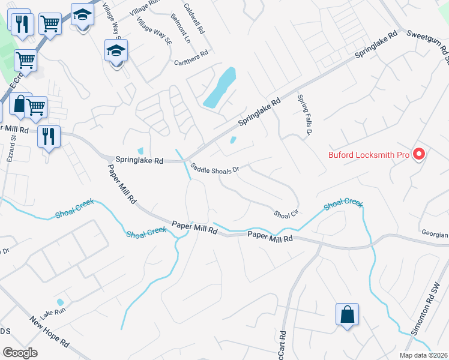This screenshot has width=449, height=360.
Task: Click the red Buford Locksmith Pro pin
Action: tap(419, 154)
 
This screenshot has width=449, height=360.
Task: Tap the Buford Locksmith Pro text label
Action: tap(369, 155)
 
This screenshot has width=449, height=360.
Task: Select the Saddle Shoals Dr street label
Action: tap(215, 169)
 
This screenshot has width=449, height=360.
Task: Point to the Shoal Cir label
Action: tap(286, 214)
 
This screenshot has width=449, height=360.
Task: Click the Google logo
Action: tap(20, 352)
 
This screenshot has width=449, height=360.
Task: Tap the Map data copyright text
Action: tap(424, 355)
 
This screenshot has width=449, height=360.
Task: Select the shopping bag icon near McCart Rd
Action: tap(347, 315)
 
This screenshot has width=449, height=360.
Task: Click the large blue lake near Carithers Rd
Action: tap(219, 88)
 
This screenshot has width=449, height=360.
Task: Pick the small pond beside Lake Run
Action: tap(59, 302)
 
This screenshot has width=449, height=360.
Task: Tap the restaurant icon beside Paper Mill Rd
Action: tap(48, 136)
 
